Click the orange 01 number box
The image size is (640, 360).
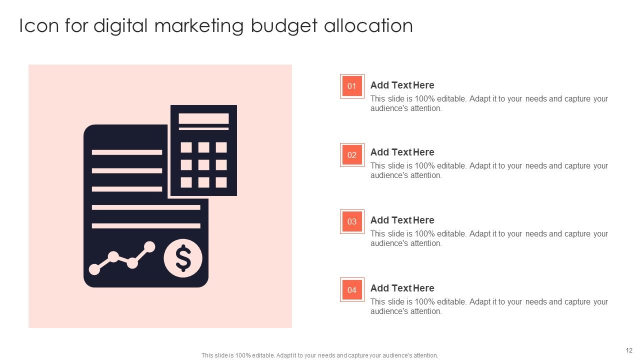point(352,86)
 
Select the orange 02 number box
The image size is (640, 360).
point(352,155)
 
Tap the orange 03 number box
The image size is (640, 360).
point(352,221)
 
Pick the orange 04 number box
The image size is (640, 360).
point(352,290)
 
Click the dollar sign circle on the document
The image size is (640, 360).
point(183,258)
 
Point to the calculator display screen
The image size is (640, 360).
point(203,118)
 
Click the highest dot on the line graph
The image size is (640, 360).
point(149,246)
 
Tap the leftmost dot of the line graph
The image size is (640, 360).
point(94,269)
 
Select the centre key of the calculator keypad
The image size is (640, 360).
point(203,165)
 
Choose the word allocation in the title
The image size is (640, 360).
point(368,26)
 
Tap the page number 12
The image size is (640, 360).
point(629,350)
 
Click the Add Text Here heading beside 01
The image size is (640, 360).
point(402,85)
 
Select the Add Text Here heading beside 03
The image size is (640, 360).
point(402,220)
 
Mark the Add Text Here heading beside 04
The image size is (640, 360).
point(402,288)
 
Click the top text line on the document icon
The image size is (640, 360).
point(127,152)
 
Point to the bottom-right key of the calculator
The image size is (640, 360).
point(221,182)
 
